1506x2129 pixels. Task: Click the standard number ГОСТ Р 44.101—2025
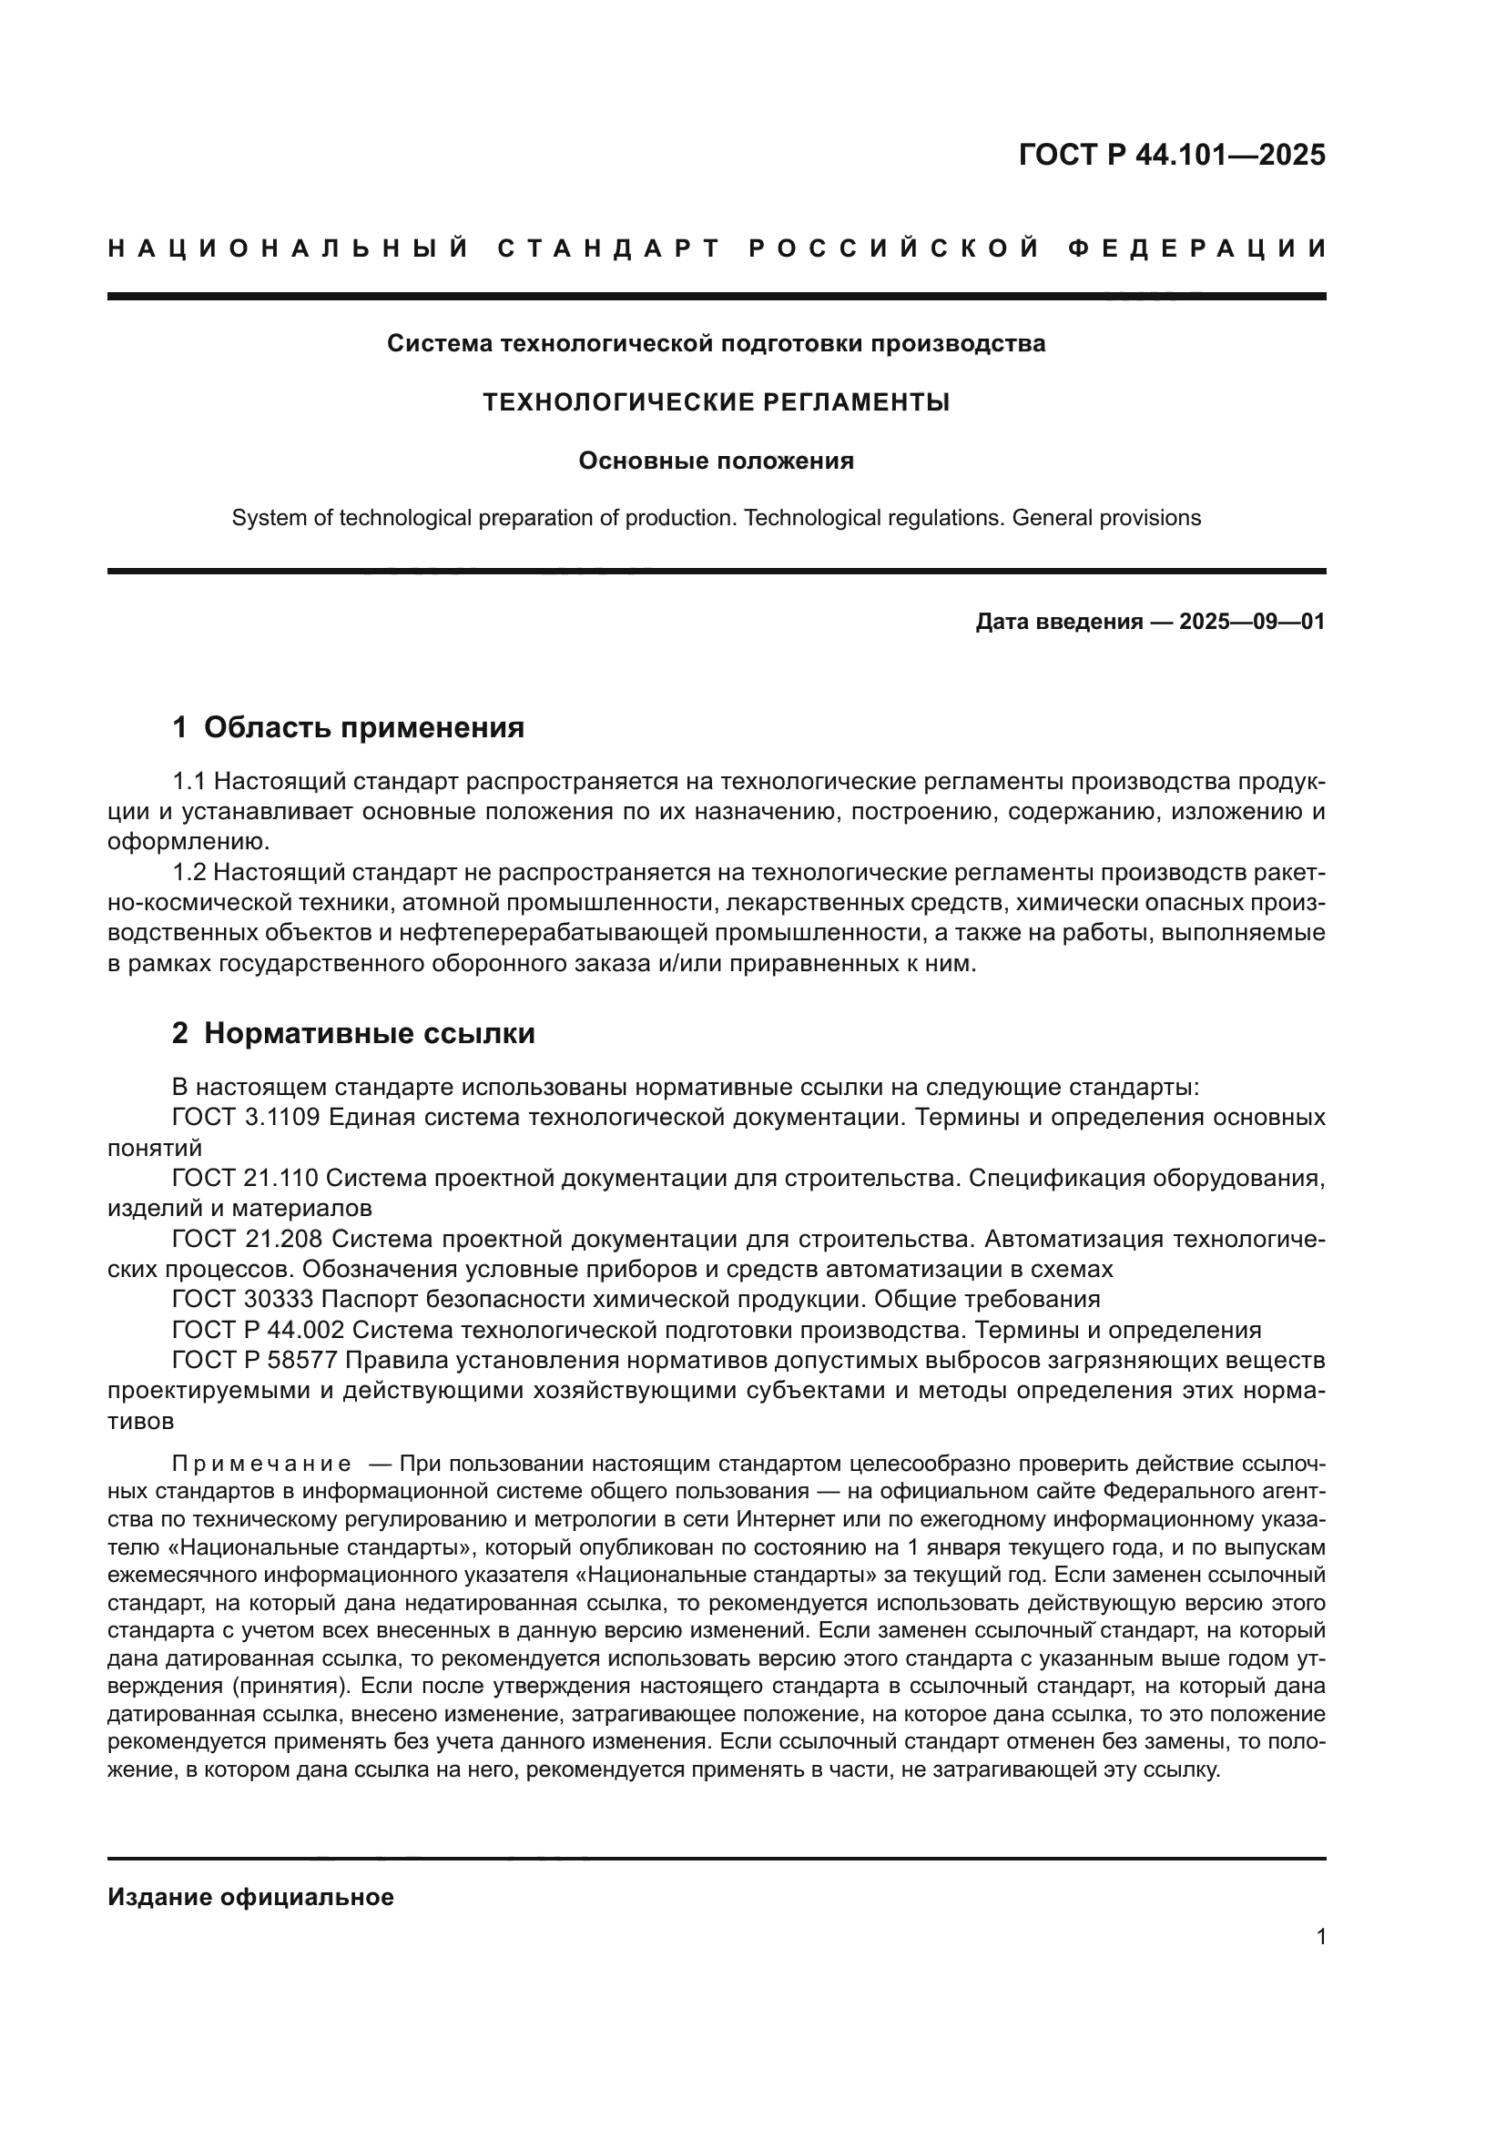[1171, 155]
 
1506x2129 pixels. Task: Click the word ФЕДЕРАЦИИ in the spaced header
[1196, 248]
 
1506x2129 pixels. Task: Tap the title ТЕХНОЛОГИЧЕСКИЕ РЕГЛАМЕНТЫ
[716, 402]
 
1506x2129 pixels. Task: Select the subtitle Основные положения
[716, 461]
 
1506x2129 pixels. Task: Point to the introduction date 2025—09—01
[1252, 623]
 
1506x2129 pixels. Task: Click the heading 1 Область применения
[348, 728]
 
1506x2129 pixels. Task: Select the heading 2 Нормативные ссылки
[353, 1034]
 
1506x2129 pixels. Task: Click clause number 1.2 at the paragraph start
[190, 873]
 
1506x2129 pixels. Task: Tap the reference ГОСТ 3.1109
[246, 1118]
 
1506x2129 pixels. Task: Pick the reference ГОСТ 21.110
[246, 1179]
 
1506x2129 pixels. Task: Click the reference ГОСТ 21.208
[248, 1240]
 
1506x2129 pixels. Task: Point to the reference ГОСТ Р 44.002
[258, 1331]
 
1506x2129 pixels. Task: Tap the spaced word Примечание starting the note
[261, 1465]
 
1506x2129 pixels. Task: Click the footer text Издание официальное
[250, 1897]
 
